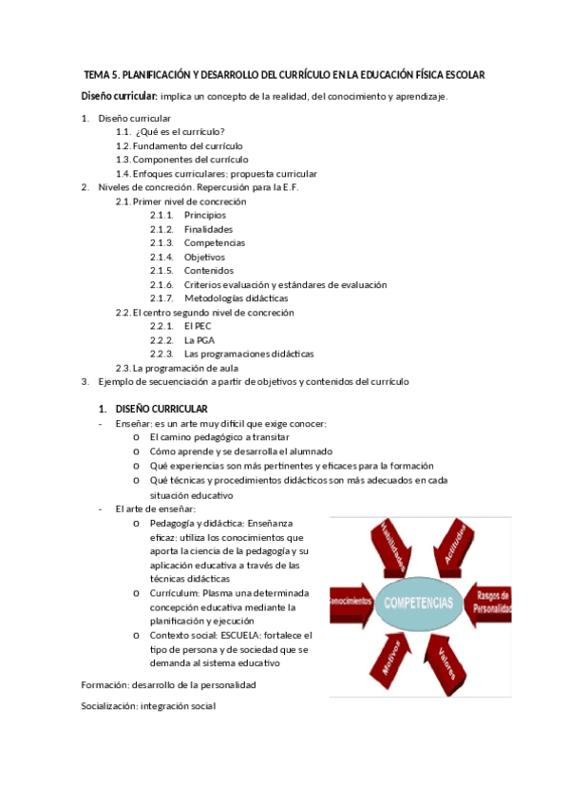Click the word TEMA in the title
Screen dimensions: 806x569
[97, 75]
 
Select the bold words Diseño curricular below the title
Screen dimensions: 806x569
[118, 96]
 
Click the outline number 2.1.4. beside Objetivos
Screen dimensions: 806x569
[161, 257]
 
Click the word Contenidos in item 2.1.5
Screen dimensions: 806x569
[209, 271]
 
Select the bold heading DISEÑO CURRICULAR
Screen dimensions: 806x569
[167, 409]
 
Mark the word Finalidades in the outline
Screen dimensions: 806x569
[209, 229]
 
